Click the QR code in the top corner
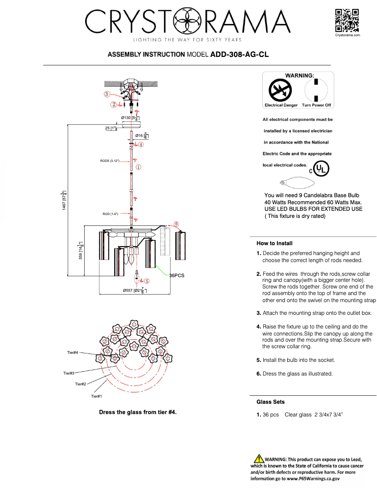click(347, 20)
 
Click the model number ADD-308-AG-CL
click(239, 55)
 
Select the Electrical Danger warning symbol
click(281, 89)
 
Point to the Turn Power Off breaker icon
click(316, 89)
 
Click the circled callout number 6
click(176, 224)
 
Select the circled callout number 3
click(107, 94)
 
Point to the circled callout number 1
click(139, 167)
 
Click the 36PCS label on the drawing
click(178, 275)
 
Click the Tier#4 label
click(72, 352)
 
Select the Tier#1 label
click(96, 396)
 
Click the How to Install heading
click(274, 243)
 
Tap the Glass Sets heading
click(270, 402)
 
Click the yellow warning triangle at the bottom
click(259, 458)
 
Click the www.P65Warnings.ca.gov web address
click(311, 478)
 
